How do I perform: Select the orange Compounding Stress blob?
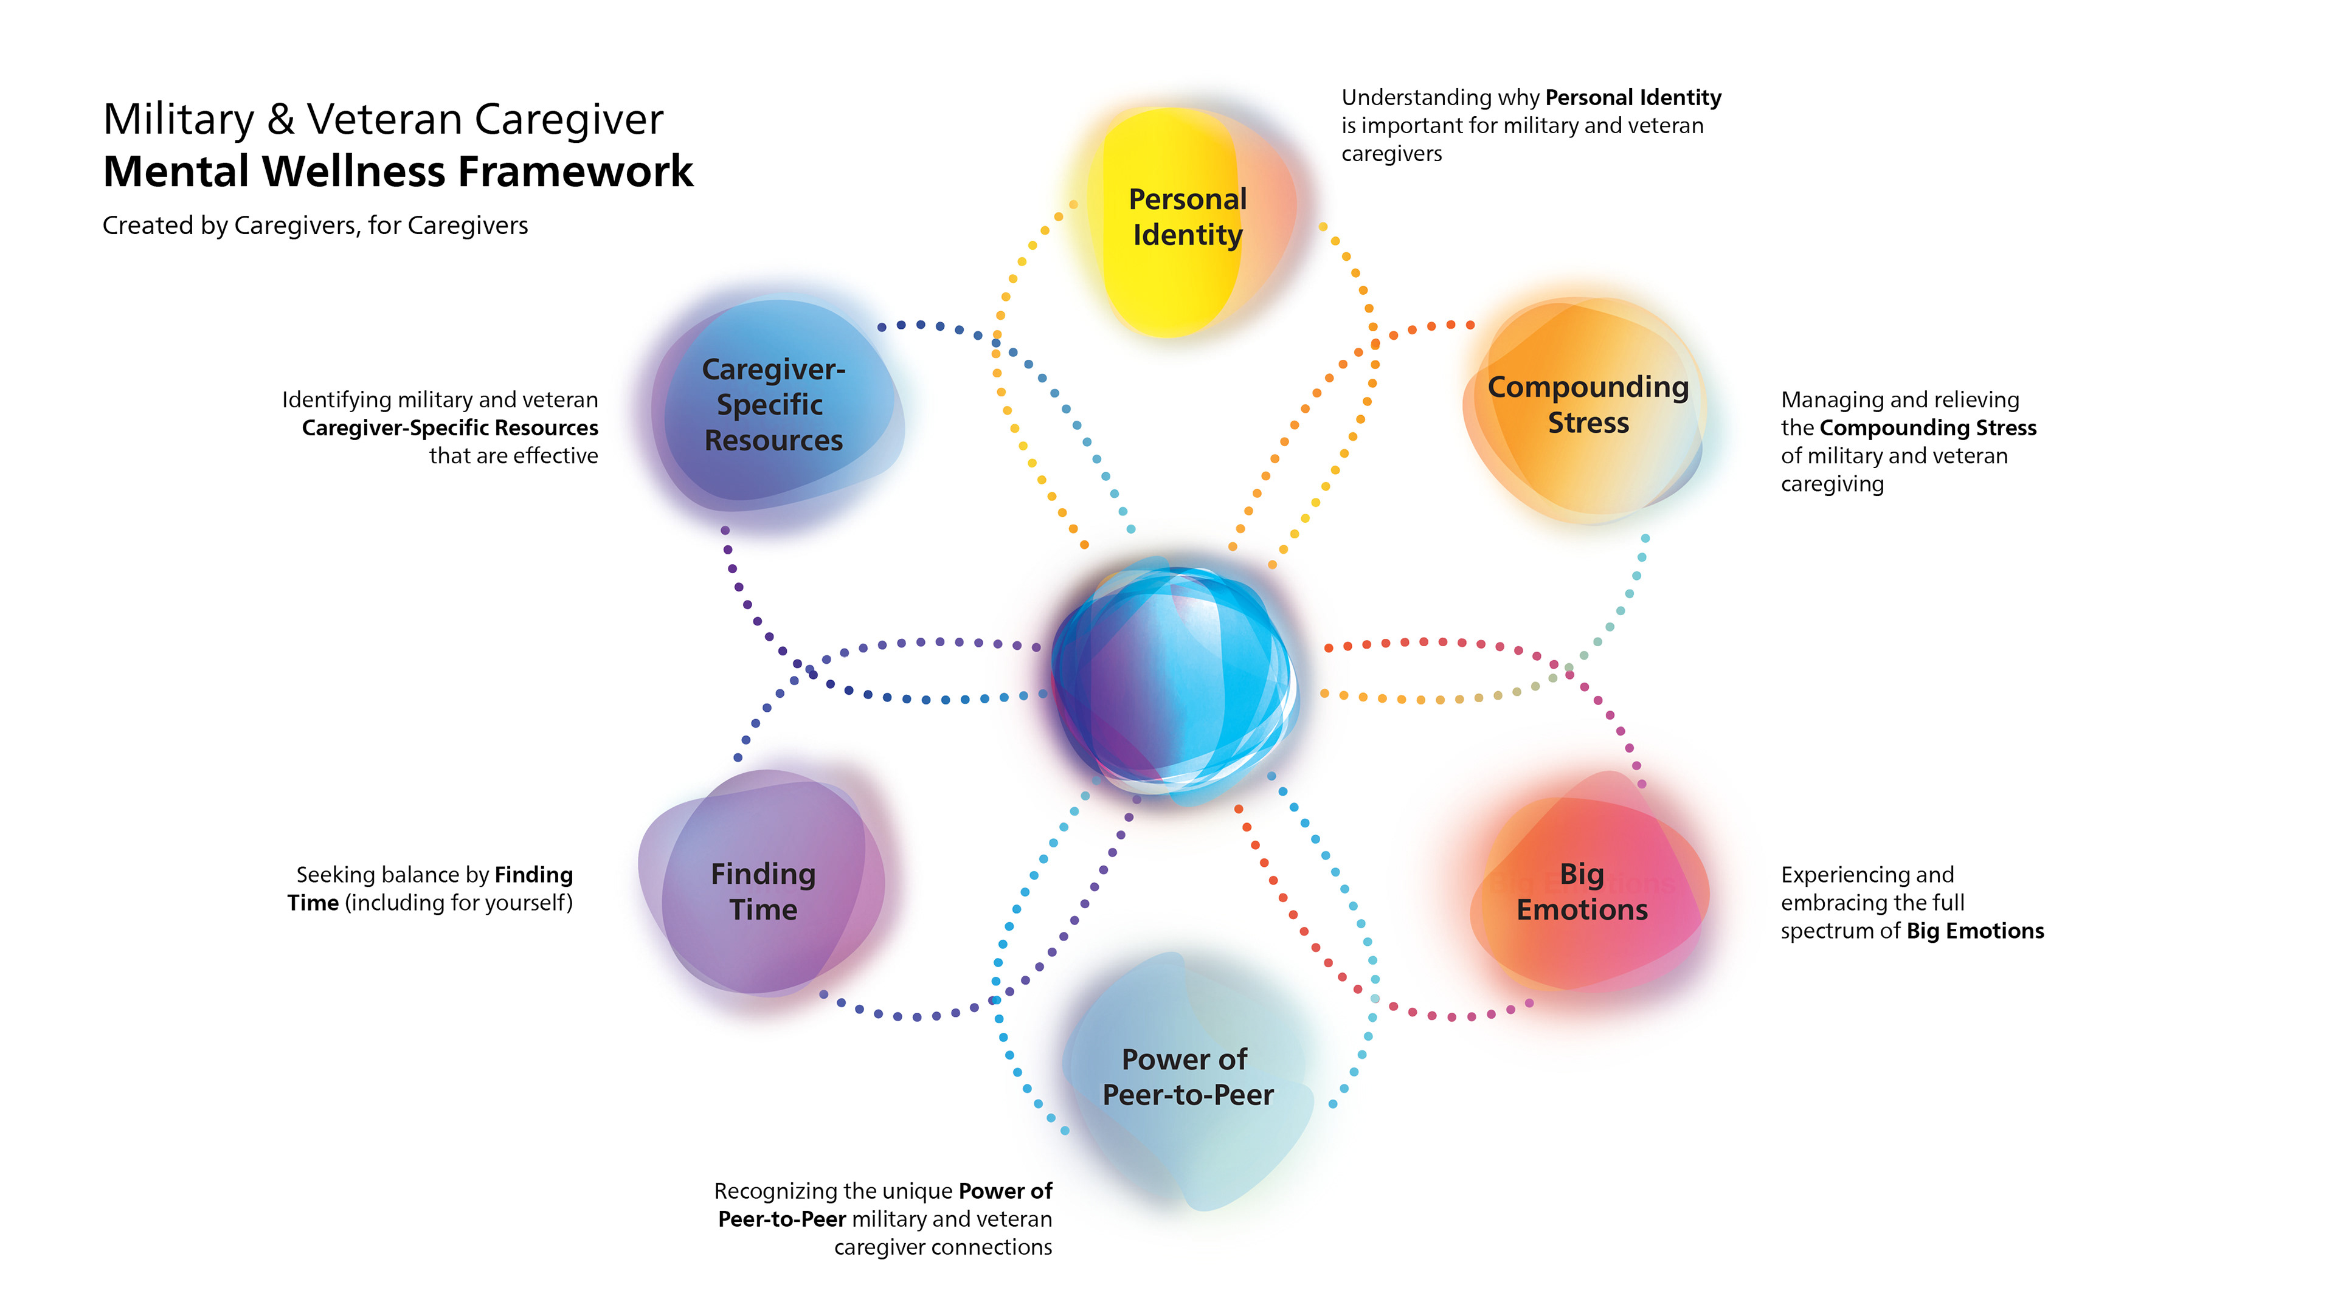pyautogui.click(x=1586, y=408)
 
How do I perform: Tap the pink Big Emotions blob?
pyautogui.click(x=1586, y=892)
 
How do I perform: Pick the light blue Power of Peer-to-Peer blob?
pyautogui.click(x=1188, y=1078)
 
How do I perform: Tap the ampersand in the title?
pyautogui.click(x=281, y=120)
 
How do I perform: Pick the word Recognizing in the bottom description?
pyautogui.click(x=775, y=1191)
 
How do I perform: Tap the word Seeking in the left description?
pyautogui.click(x=332, y=875)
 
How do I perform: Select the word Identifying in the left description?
pyautogui.click(x=336, y=399)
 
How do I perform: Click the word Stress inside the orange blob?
pyautogui.click(x=1588, y=423)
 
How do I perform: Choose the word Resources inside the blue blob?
pyautogui.click(x=773, y=440)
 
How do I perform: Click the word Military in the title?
pyautogui.click(x=179, y=120)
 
